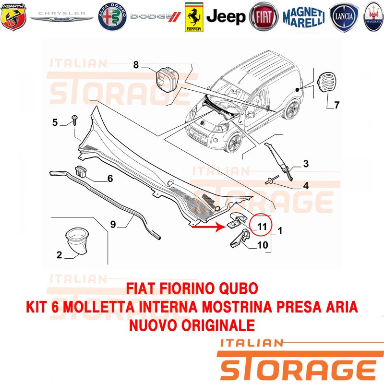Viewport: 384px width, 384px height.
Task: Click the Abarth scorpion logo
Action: [x=13, y=17]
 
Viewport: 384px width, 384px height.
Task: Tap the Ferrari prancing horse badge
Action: [x=194, y=17]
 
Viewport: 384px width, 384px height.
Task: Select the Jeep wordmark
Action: [x=226, y=17]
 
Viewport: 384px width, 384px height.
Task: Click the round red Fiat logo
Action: [x=264, y=17]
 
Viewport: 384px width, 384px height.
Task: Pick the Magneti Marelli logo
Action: [x=304, y=17]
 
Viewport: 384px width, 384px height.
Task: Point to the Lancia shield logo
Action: [x=344, y=17]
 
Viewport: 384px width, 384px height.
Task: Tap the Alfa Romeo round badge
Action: [x=112, y=17]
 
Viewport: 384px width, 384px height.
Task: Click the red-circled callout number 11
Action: [x=262, y=226]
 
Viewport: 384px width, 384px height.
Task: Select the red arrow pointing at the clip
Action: [x=208, y=227]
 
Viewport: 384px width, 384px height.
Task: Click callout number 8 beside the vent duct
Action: [x=136, y=65]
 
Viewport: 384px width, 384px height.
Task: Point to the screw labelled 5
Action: [x=74, y=120]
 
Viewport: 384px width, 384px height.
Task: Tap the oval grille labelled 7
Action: [x=327, y=82]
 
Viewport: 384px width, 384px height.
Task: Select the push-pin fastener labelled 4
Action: [x=272, y=180]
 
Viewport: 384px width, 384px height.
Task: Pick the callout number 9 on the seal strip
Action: [x=113, y=224]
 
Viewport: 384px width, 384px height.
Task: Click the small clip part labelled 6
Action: [x=81, y=171]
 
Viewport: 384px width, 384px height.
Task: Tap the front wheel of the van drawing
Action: [x=235, y=142]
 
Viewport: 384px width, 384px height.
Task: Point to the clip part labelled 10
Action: [x=240, y=238]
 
